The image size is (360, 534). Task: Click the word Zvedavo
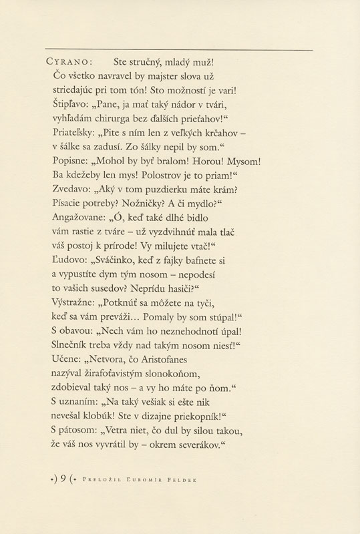[x=71, y=190]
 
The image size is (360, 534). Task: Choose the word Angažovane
[x=79, y=218]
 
